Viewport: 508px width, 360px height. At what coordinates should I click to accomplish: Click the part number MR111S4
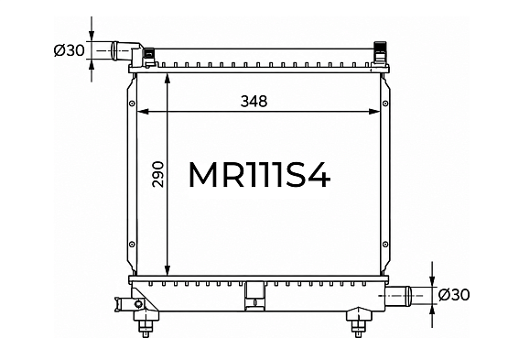pyautogui.click(x=259, y=175)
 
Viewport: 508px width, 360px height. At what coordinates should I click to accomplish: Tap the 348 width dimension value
pyautogui.click(x=254, y=102)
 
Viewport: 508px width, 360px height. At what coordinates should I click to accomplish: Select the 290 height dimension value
pyautogui.click(x=158, y=174)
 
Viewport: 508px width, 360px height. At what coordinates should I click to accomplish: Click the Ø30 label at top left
pyautogui.click(x=69, y=50)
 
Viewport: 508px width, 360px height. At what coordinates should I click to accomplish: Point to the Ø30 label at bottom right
pyautogui.click(x=454, y=295)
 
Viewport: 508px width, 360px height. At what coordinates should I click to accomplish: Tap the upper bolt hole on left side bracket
pyautogui.click(x=132, y=104)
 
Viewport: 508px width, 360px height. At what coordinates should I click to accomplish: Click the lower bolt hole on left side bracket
pyautogui.click(x=132, y=245)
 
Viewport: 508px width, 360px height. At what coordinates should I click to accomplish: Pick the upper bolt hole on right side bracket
pyautogui.click(x=385, y=104)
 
